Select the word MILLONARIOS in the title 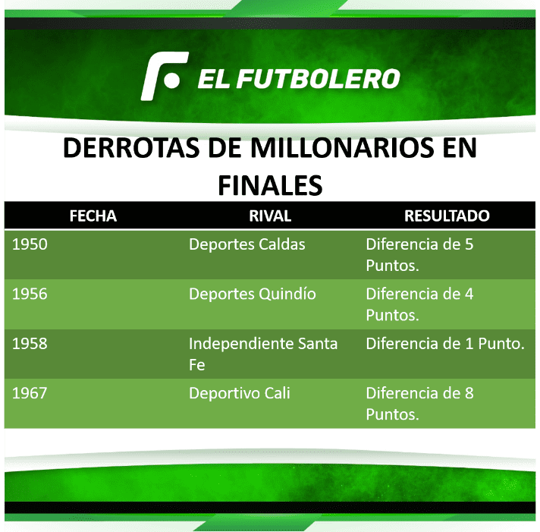[x=341, y=147]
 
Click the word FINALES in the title [x=270, y=185]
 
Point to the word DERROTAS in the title [x=131, y=147]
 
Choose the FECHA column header [x=93, y=216]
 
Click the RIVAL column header [x=270, y=216]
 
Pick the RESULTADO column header [x=447, y=216]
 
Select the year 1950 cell [x=30, y=244]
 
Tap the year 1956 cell [x=30, y=294]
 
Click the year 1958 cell [x=30, y=344]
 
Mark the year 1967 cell [x=30, y=393]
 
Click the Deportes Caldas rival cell [x=247, y=244]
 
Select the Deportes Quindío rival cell [x=253, y=294]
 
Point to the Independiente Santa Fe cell [x=263, y=354]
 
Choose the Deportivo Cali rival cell [x=240, y=393]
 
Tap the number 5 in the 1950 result [x=469, y=244]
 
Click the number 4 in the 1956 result [x=469, y=294]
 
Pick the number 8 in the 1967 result [x=469, y=393]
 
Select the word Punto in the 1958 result [x=501, y=344]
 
